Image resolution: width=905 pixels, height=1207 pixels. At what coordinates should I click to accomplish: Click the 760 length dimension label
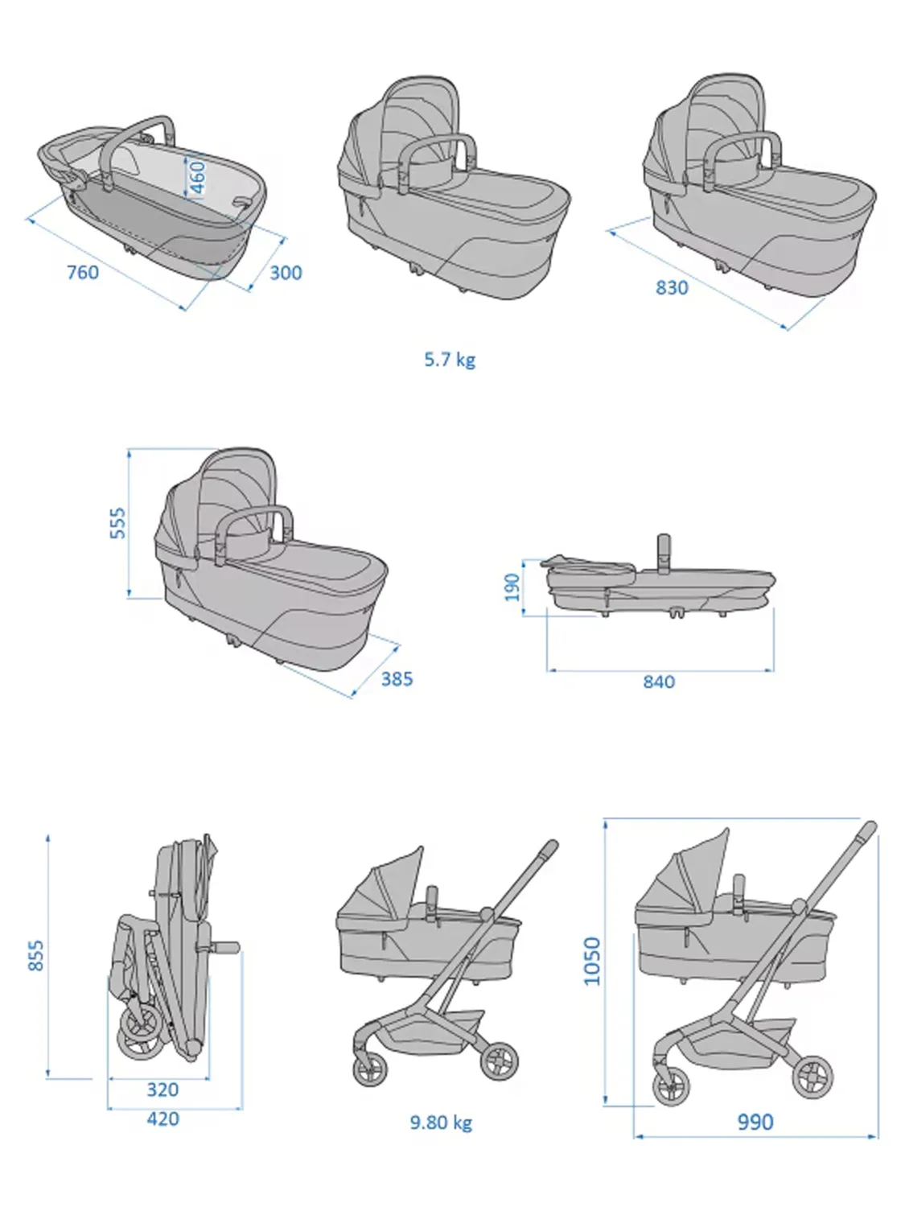pos(82,272)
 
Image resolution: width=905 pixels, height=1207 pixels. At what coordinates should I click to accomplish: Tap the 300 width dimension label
pos(286,273)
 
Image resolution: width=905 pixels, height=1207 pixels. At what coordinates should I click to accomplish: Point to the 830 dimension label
pos(672,287)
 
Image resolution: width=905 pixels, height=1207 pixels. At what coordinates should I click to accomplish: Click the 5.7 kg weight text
pos(450,359)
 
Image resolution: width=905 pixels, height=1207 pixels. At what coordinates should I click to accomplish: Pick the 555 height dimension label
pos(117,523)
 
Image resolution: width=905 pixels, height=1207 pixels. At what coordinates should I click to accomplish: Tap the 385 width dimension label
pos(397,678)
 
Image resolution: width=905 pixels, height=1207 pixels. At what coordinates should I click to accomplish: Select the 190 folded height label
pos(512,586)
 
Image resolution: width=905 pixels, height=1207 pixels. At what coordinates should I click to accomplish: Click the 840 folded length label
pos(659,682)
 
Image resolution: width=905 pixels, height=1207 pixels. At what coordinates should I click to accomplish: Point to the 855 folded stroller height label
pos(36,955)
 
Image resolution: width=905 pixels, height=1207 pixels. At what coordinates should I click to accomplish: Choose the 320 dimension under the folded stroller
pos(162,1090)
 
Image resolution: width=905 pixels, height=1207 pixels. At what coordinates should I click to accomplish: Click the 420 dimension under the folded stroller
pos(162,1118)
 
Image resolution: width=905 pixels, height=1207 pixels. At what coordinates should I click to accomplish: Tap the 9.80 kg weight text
pos(441,1122)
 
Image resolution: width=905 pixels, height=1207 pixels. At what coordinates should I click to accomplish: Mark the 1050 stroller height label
pos(592,960)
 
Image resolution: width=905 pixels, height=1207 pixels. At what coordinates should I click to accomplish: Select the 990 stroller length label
pos(755,1122)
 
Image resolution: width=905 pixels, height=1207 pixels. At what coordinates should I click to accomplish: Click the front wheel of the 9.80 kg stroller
pos(370,1071)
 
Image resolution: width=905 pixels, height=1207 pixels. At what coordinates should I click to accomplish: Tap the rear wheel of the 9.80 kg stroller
pos(500,1061)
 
